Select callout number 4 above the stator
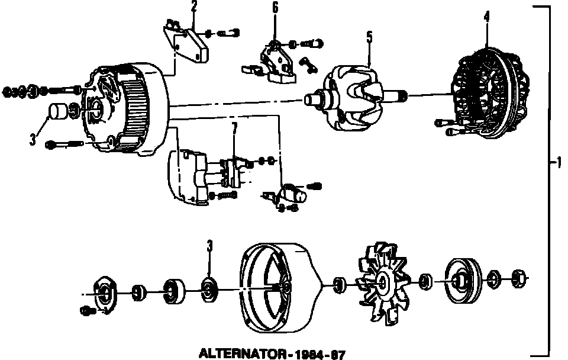coord(486,17)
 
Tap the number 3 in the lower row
coord(209,245)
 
